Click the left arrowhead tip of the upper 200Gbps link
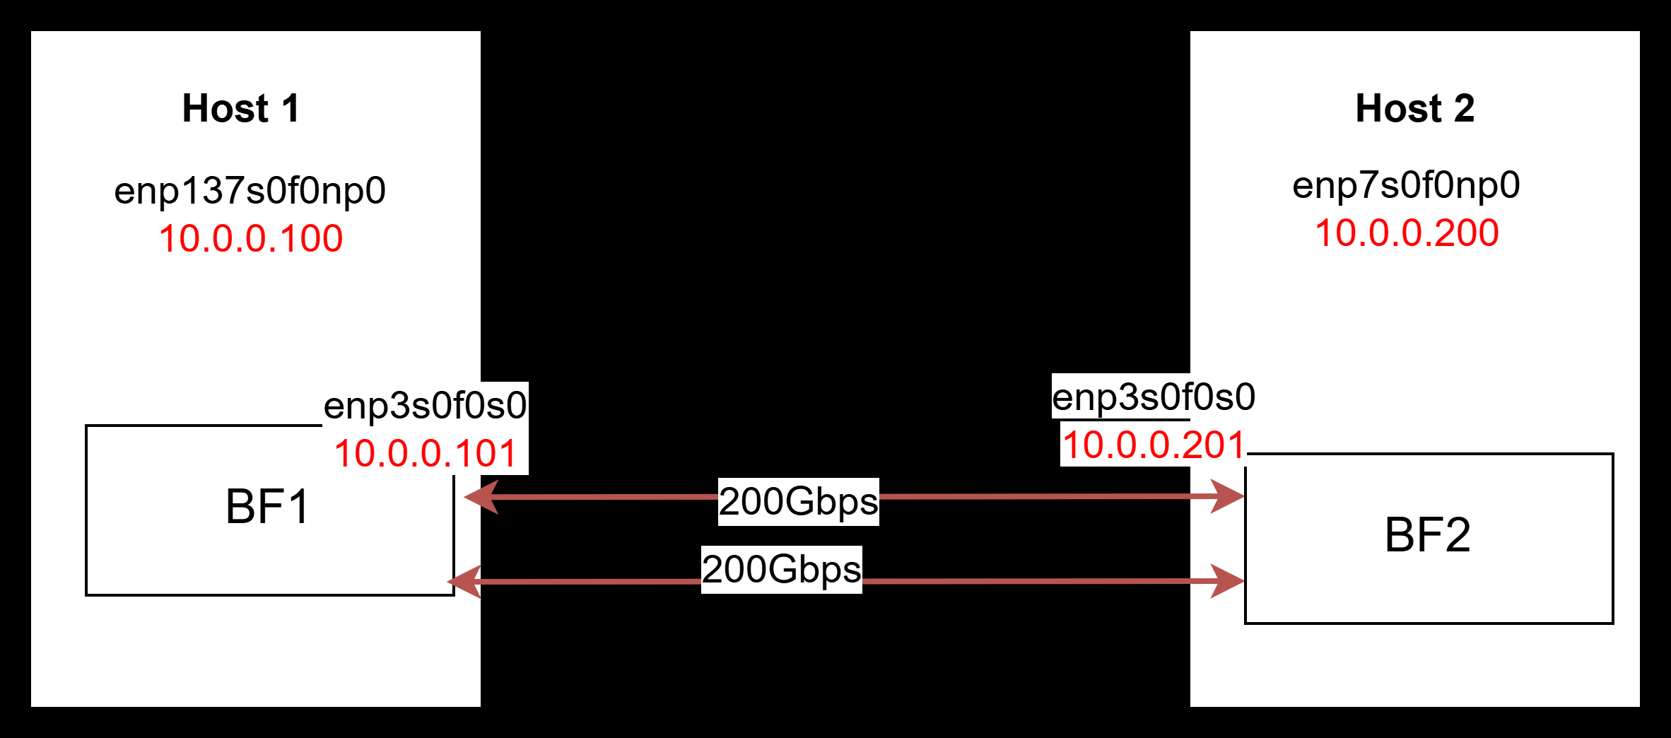click(x=464, y=497)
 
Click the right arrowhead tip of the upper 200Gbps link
click(x=1245, y=496)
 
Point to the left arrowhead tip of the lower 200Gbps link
click(x=447, y=582)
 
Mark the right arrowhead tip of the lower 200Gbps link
click(x=1245, y=581)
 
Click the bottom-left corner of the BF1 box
click(x=86, y=595)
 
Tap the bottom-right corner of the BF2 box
click(x=1613, y=623)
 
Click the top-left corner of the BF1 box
click(x=86, y=426)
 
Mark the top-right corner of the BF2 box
click(x=1613, y=454)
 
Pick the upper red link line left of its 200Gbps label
click(x=608, y=497)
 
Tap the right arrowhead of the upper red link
click(x=1228, y=496)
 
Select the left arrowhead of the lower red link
click(x=464, y=582)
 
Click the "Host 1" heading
click(x=241, y=108)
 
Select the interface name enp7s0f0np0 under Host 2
click(x=1406, y=185)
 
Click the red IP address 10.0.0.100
click(x=251, y=238)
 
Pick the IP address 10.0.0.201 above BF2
click(x=1154, y=445)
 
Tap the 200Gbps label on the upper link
click(x=799, y=502)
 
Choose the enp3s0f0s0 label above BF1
click(x=425, y=406)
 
